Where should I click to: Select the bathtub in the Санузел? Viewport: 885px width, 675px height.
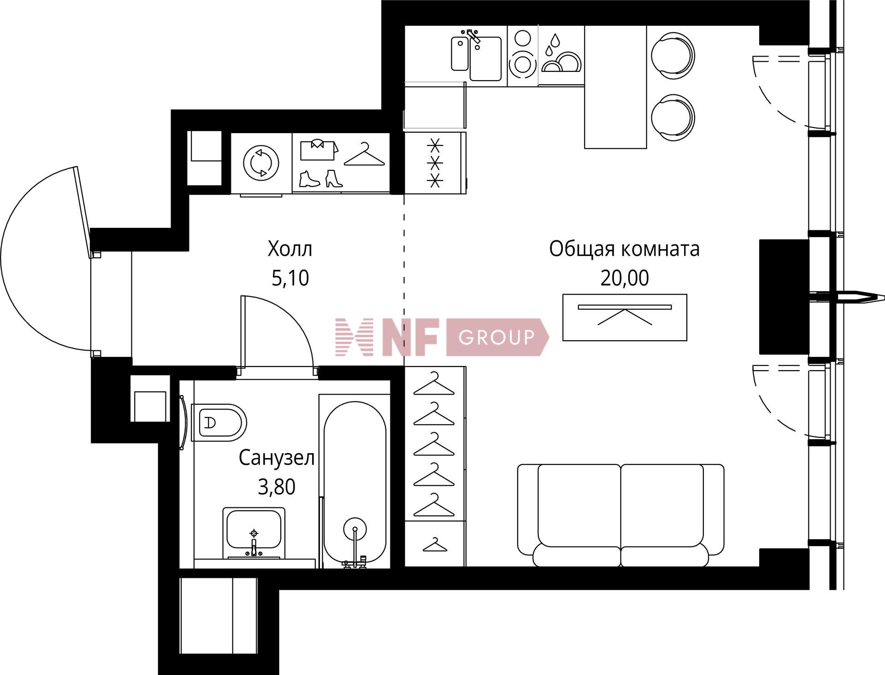355,483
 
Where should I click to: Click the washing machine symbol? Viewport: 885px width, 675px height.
261,163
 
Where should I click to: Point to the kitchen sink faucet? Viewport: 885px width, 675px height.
473,37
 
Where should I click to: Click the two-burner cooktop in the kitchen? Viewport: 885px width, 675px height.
523,56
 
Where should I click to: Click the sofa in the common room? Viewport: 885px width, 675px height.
621,515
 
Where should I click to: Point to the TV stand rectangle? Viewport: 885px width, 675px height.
625,317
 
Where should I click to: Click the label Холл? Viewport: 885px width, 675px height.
290,249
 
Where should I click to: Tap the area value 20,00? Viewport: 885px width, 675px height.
625,278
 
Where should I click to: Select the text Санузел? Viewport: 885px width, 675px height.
277,458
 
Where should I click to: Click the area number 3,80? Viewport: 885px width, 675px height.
277,487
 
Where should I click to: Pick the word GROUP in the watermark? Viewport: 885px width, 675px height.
496,337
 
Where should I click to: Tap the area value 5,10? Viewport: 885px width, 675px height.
290,278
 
